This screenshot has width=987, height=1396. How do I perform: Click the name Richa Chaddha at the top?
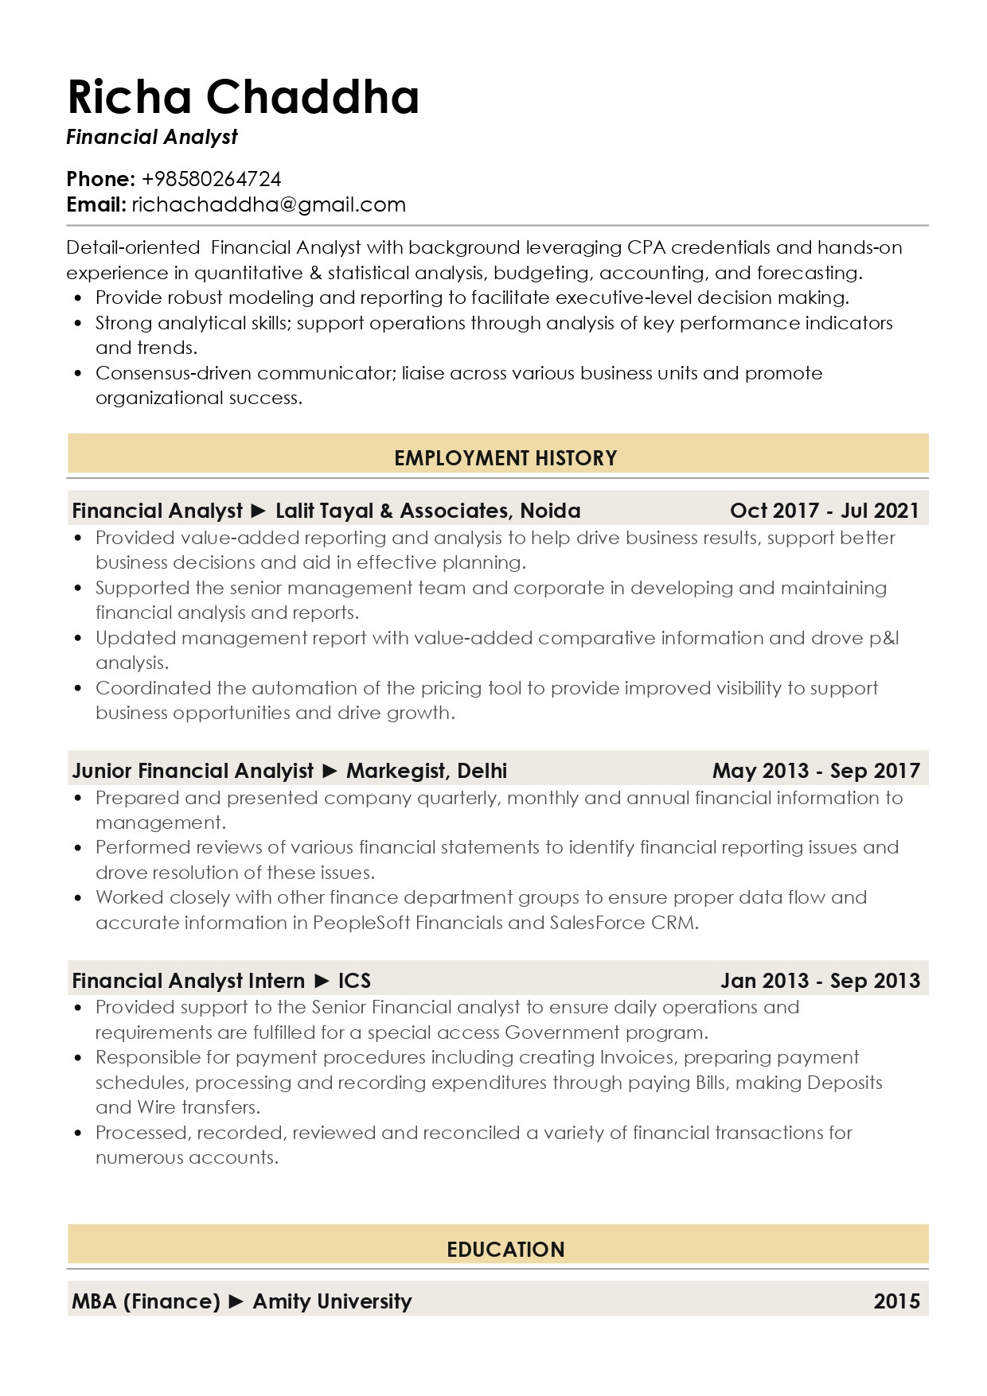[243, 97]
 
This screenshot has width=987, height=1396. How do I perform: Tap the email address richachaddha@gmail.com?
[268, 205]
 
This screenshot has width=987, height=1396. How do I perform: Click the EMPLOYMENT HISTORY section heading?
[505, 458]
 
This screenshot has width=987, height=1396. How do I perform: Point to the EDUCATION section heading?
[505, 1250]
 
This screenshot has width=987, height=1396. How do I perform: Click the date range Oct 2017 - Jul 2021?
[824, 511]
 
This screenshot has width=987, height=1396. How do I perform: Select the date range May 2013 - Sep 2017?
[816, 771]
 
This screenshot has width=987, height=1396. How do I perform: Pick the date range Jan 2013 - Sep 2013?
[820, 981]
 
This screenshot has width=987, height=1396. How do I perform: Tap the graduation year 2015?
[896, 1301]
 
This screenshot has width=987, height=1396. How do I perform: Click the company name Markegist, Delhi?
[427, 771]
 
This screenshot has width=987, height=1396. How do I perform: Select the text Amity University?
[332, 1301]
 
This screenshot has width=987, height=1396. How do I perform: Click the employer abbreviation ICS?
[354, 981]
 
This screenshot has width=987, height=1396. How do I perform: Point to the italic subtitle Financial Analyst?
[152, 138]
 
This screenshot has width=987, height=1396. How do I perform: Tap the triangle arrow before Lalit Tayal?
[259, 511]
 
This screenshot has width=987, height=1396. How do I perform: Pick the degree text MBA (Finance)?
[146, 1301]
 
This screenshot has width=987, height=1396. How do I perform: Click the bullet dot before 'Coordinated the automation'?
[78, 689]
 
